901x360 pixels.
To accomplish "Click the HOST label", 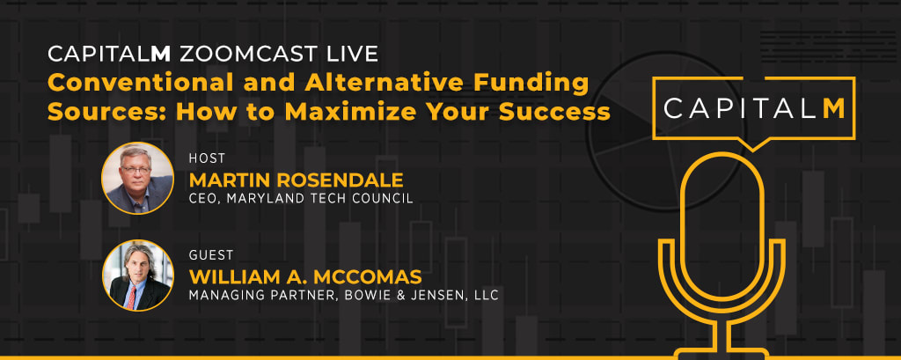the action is coord(207,158).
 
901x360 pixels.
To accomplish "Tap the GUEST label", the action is coord(211,254).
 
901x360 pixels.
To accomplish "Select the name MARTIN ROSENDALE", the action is coord(296,180).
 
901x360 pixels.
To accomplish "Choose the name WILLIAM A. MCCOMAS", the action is coord(305,277).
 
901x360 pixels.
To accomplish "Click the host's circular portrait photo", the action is coord(138,179).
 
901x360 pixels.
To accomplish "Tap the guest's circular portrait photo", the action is coord(138,276).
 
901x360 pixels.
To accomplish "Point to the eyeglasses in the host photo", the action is coord(136,170).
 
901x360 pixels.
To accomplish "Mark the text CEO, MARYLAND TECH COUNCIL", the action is coord(301,199).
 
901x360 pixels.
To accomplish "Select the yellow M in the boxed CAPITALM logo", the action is coord(834,108).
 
